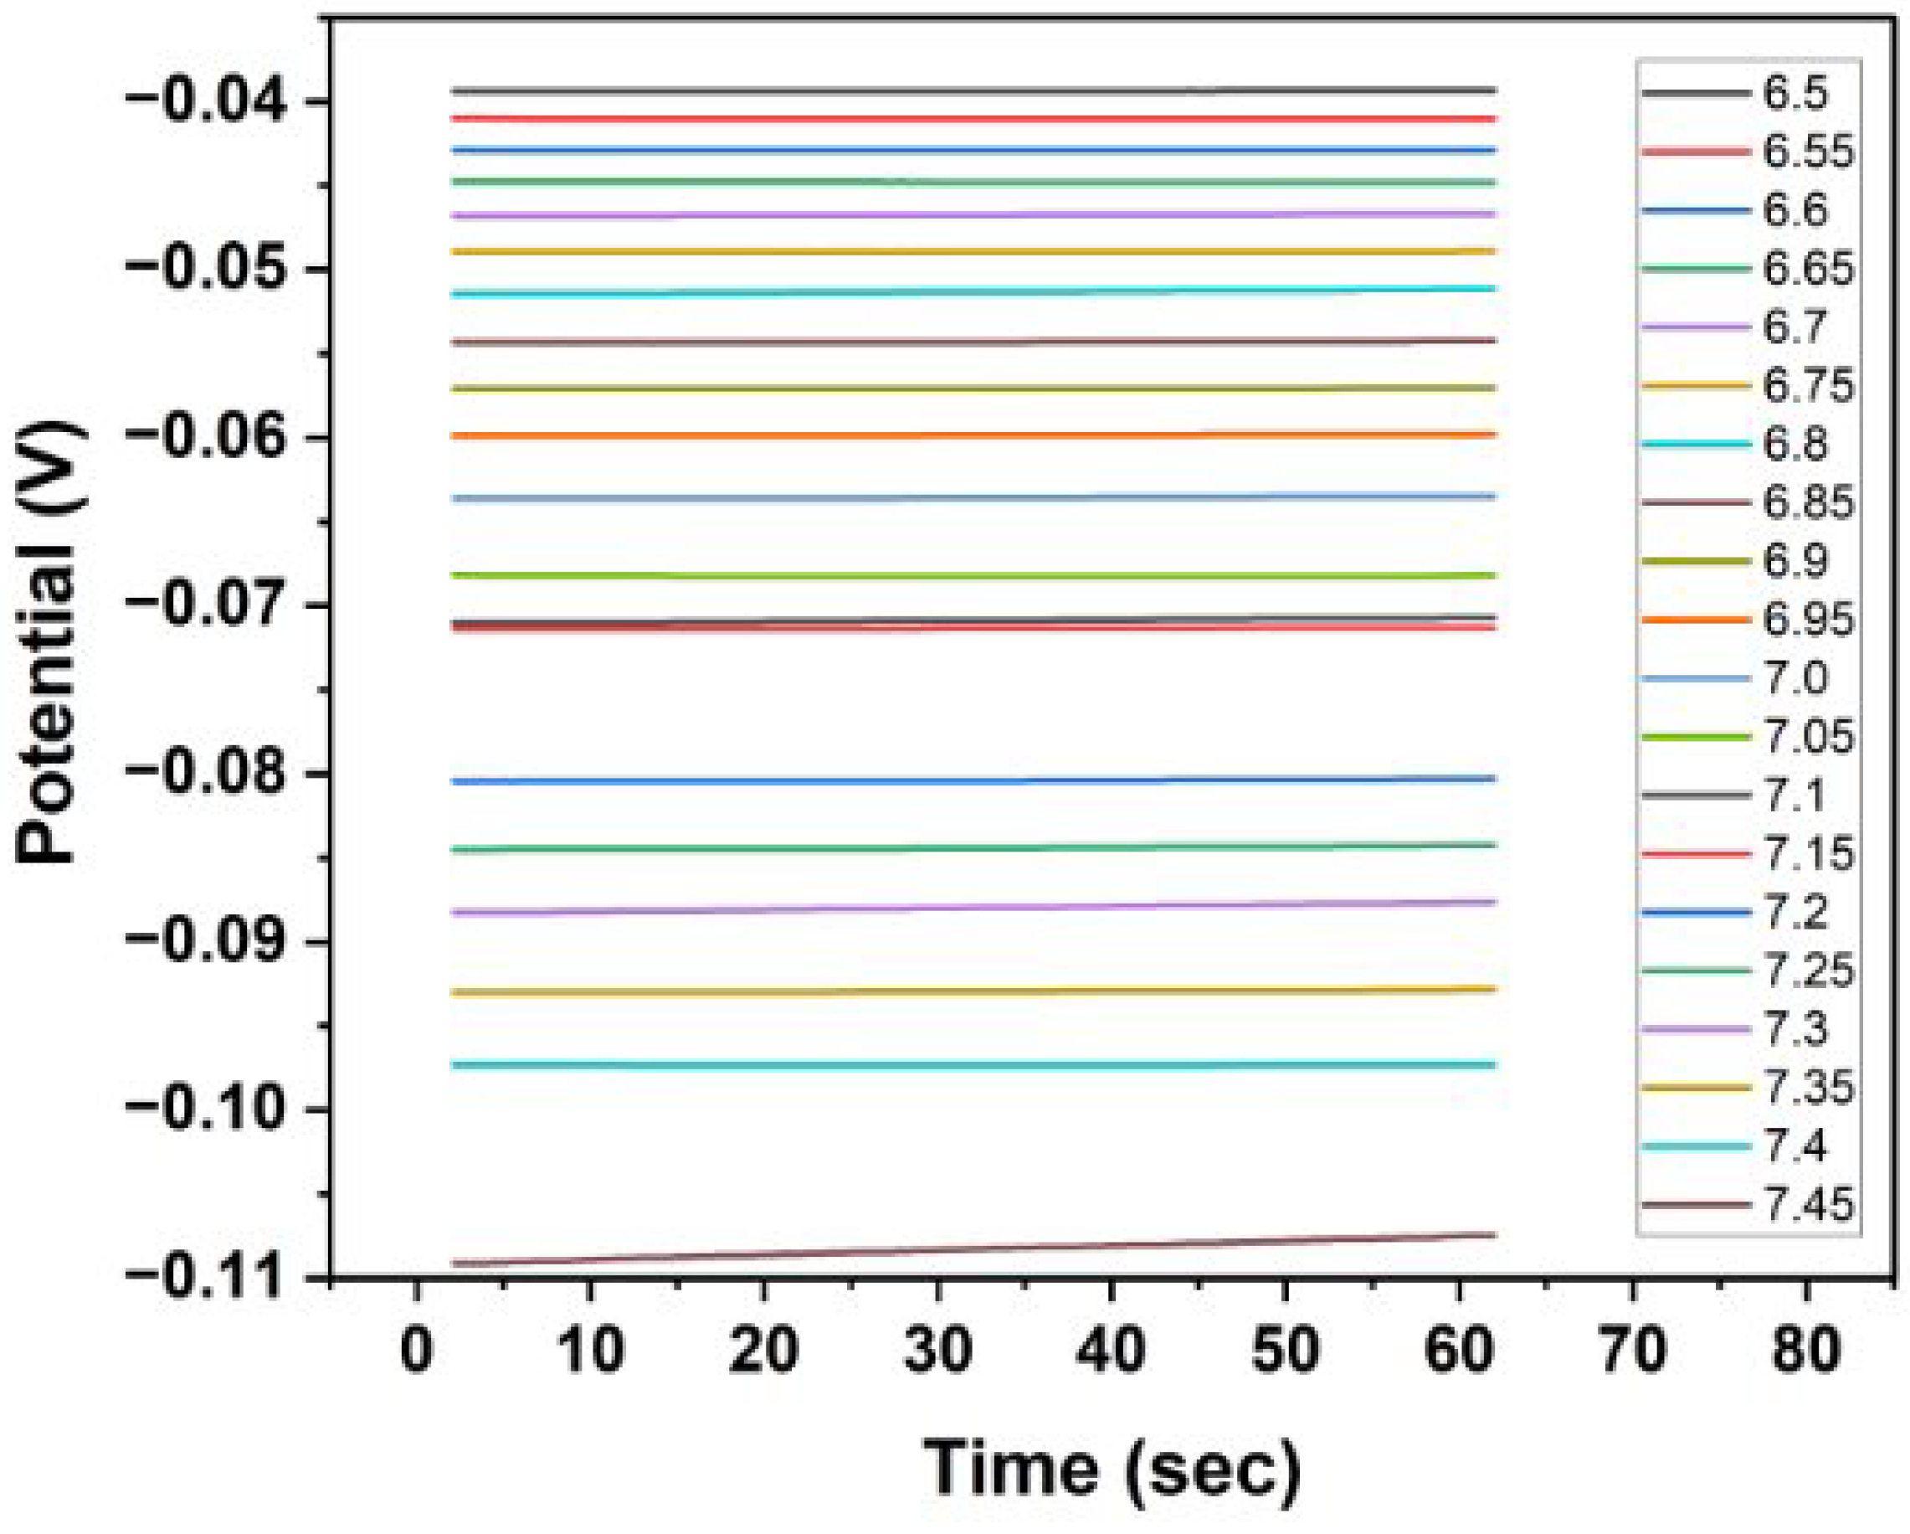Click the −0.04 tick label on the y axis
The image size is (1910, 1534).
(207, 100)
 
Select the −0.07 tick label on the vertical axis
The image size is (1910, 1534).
(207, 605)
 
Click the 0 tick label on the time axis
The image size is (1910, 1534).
(416, 1349)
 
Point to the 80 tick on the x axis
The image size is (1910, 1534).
(1806, 1349)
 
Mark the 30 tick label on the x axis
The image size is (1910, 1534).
(937, 1349)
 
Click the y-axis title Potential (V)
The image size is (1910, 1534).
(50, 642)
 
